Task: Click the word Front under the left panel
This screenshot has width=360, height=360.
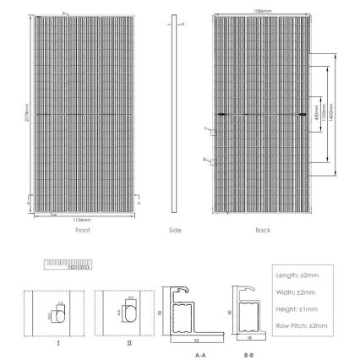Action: pyautogui.click(x=82, y=230)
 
